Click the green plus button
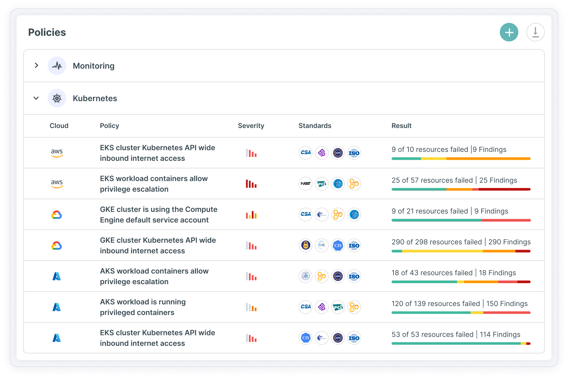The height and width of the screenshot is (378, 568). [509, 32]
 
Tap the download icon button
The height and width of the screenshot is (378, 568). [535, 32]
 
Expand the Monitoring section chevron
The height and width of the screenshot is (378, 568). [36, 66]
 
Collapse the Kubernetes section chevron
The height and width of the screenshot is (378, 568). [36, 98]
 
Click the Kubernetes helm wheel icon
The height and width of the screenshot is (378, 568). [57, 98]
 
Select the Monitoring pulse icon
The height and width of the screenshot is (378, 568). [57, 66]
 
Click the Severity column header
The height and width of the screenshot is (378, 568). [251, 126]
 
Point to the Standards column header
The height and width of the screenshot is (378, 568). [315, 126]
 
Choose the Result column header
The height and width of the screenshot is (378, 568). [401, 126]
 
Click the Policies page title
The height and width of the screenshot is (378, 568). [47, 32]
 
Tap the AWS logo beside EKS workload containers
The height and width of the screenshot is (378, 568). [57, 183]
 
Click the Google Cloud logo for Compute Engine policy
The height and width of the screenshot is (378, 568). [57, 215]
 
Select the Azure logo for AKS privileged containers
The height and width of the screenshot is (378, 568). [57, 307]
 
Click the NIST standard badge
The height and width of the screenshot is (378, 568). [306, 184]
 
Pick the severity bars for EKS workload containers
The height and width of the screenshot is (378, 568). [251, 184]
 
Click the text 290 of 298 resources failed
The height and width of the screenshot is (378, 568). [437, 242]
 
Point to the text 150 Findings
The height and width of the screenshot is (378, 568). [507, 304]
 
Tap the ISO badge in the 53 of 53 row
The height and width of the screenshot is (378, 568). [354, 338]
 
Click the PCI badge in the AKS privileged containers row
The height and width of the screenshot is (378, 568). [338, 307]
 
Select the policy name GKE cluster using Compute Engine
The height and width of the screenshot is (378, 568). [159, 215]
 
